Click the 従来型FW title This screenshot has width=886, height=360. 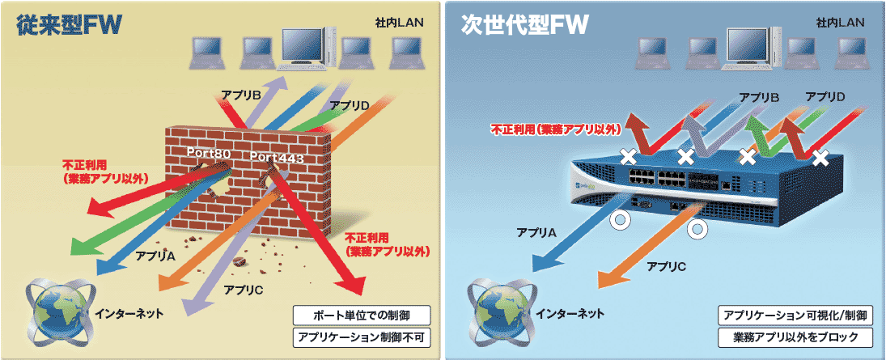point(70,23)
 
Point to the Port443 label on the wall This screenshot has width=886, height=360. point(278,157)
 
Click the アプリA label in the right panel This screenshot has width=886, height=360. point(537,233)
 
